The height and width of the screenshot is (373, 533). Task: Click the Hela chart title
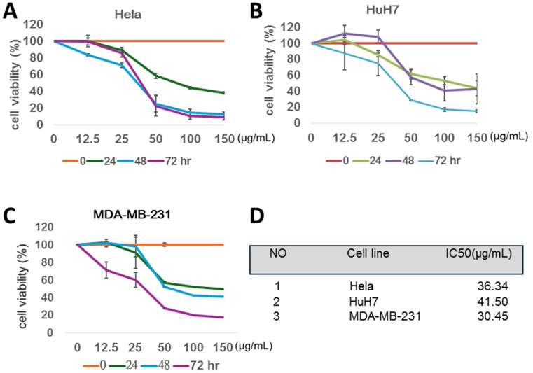click(x=127, y=15)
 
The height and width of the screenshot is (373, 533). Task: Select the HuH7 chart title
click(x=382, y=10)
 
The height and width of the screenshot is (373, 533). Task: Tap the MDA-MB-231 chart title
click(x=132, y=214)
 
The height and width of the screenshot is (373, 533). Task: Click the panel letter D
click(x=257, y=216)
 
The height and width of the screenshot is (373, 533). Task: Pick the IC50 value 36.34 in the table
click(x=492, y=286)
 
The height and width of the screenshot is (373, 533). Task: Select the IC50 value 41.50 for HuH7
click(x=492, y=302)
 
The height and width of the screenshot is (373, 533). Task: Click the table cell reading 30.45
click(x=492, y=316)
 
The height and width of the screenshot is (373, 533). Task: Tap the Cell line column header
click(x=368, y=253)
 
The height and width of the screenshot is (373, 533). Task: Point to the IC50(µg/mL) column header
click(x=478, y=254)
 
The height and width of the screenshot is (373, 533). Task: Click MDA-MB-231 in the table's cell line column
click(x=385, y=316)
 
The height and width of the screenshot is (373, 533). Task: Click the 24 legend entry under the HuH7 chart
click(x=367, y=160)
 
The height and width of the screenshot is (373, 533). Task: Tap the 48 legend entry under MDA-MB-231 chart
click(x=156, y=365)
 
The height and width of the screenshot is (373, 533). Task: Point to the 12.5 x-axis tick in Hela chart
click(x=88, y=139)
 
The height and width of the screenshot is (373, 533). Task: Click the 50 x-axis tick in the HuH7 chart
click(x=411, y=138)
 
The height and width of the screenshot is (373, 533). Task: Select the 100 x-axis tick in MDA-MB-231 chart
click(x=194, y=347)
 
